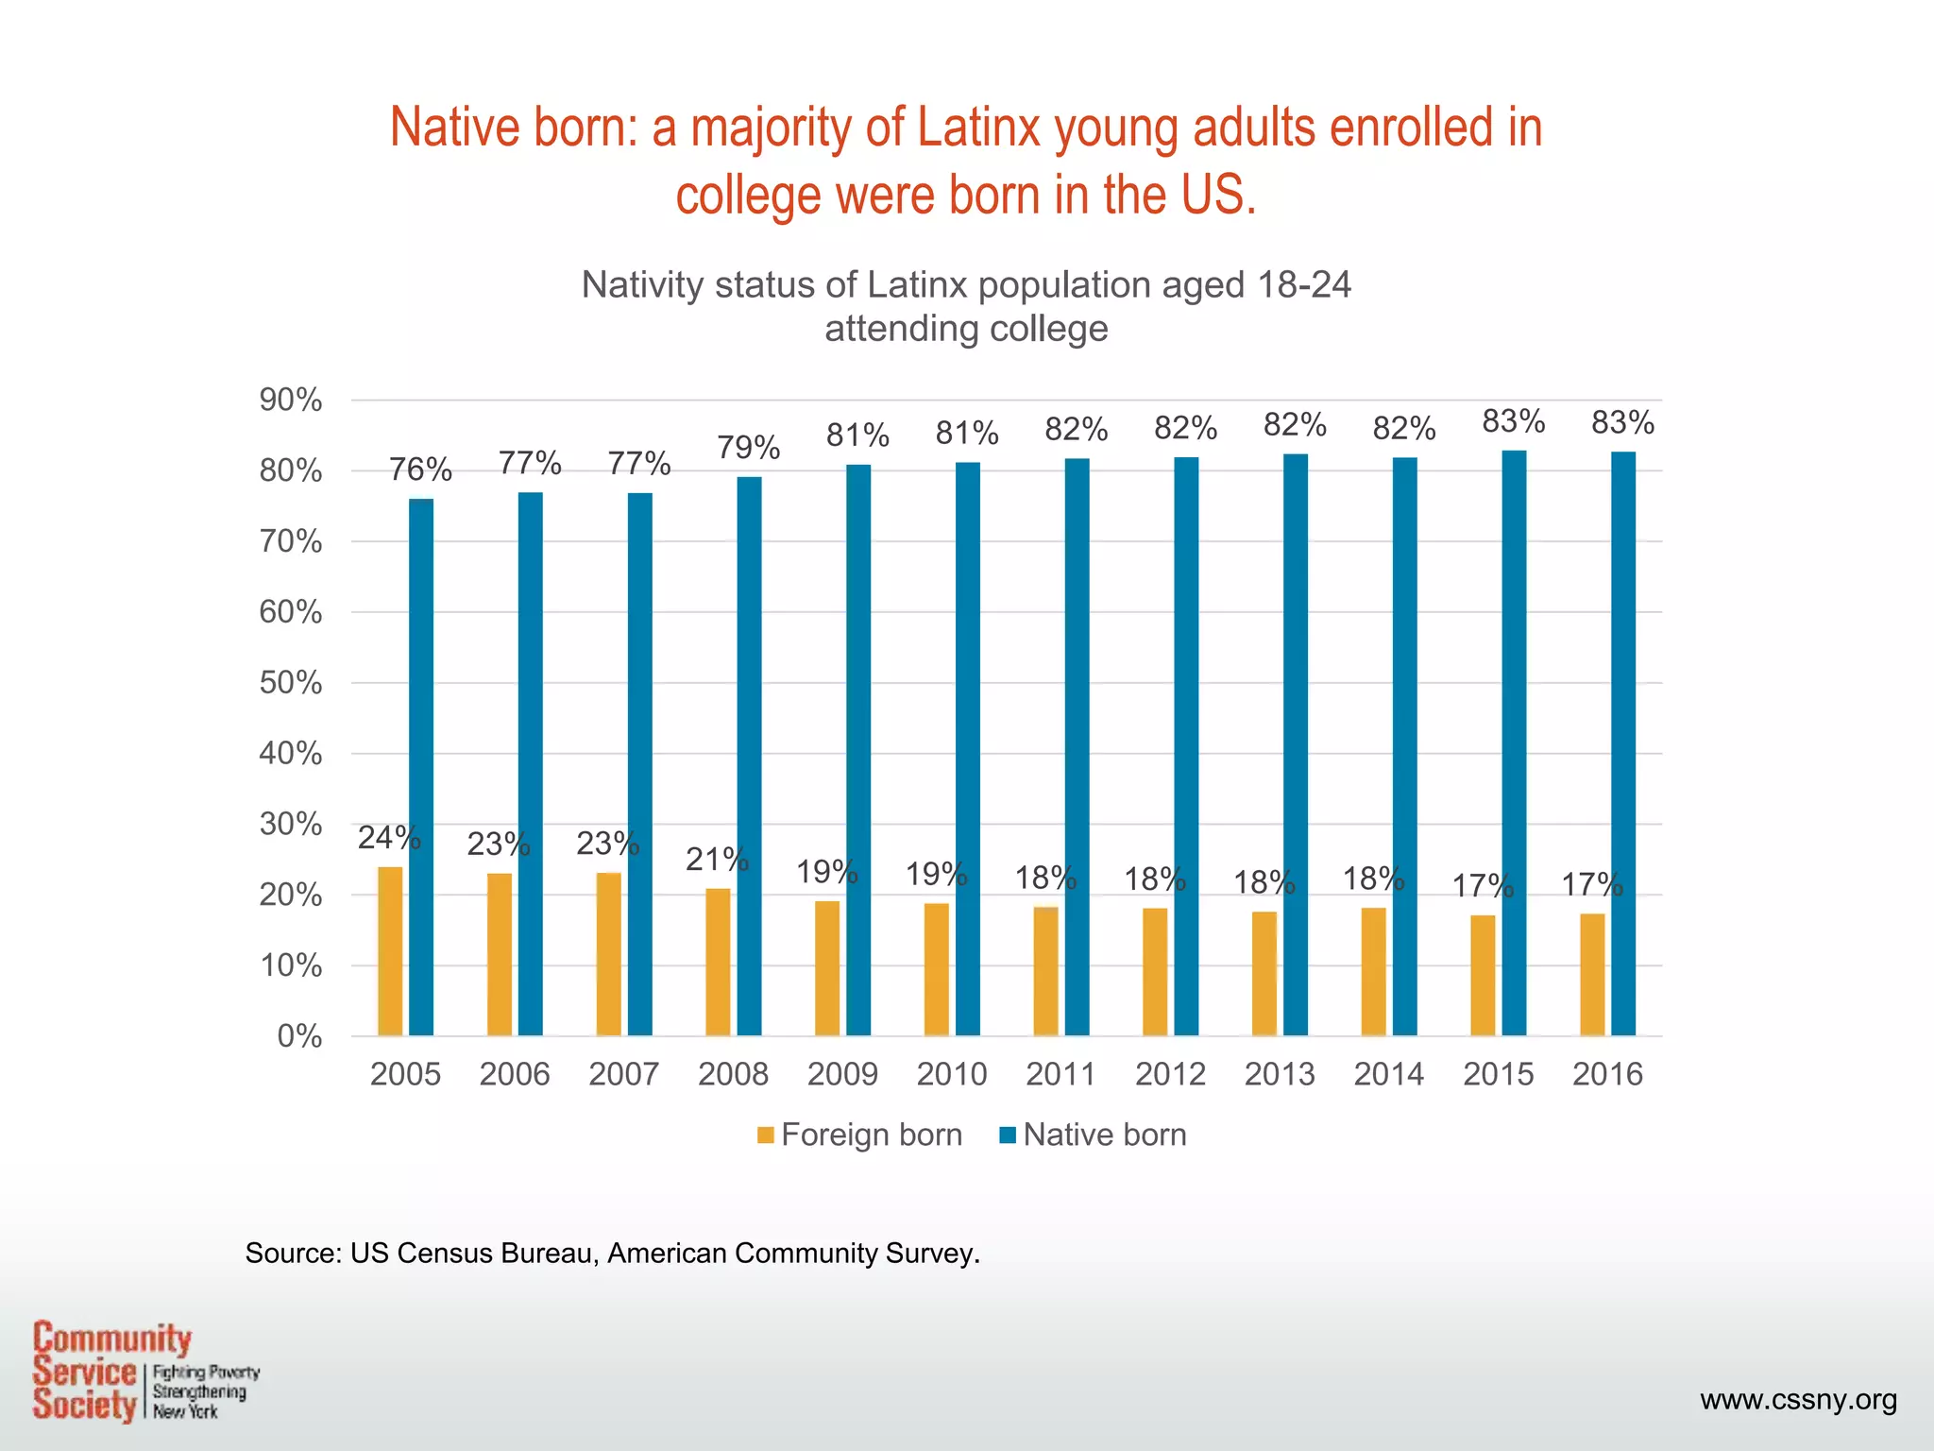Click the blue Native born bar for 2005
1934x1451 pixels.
tap(421, 767)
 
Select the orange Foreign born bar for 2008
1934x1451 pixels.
tap(718, 962)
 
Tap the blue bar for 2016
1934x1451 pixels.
tap(1623, 743)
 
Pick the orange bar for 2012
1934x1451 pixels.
tap(1155, 972)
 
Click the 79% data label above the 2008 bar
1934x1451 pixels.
tap(748, 448)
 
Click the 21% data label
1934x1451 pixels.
tap(717, 860)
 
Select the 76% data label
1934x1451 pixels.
tap(421, 469)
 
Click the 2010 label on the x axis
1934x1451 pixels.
tap(952, 1074)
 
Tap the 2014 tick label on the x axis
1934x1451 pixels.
tap(1388, 1074)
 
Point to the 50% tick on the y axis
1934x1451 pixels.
tap(291, 683)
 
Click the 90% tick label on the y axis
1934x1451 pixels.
tap(291, 401)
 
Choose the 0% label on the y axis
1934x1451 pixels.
tap(299, 1037)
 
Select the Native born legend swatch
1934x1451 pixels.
tap(1008, 1135)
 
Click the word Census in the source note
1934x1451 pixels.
tap(447, 1254)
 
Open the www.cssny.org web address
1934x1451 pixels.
tap(1798, 1399)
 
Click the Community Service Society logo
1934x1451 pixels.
tap(142, 1372)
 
